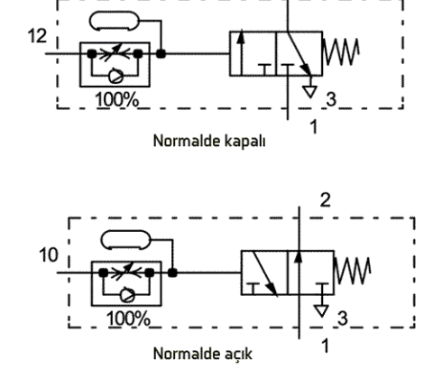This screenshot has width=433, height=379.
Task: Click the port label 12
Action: click(x=37, y=36)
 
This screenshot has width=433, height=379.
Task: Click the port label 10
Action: click(x=49, y=255)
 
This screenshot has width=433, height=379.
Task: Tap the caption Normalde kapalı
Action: click(x=209, y=141)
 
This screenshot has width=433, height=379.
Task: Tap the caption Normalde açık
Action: click(x=203, y=354)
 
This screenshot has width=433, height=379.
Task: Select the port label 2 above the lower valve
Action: click(x=326, y=200)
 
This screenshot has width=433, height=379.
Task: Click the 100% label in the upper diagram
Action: click(x=117, y=99)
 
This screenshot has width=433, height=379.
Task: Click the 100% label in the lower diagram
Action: click(x=128, y=319)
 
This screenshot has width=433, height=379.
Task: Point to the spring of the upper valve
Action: click(x=341, y=51)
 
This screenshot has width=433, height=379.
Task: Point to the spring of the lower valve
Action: click(x=353, y=271)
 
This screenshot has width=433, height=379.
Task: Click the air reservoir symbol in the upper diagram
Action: click(x=115, y=21)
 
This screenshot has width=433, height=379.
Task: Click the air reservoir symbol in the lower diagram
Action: click(x=125, y=240)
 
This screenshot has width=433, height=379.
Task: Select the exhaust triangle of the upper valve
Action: click(x=310, y=92)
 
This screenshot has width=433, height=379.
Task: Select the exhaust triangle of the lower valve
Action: click(x=321, y=311)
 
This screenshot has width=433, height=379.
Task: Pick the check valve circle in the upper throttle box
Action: click(x=115, y=76)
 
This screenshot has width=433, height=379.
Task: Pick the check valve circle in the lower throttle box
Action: click(x=127, y=295)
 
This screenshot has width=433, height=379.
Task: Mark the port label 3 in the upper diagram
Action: click(x=331, y=99)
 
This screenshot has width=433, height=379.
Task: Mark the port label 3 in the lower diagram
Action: click(x=343, y=319)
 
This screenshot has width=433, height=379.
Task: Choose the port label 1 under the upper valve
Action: click(x=314, y=126)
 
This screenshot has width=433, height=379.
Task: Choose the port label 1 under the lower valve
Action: click(x=326, y=346)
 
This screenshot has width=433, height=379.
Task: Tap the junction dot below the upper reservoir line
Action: click(x=161, y=54)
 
